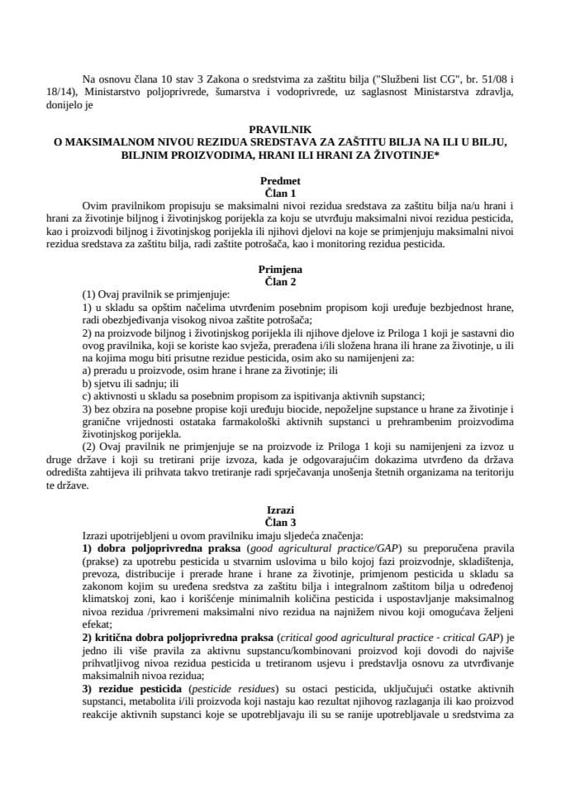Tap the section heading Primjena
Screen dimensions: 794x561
(x=280, y=269)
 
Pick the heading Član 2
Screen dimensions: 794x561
(x=280, y=280)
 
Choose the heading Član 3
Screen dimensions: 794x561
(x=280, y=524)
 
